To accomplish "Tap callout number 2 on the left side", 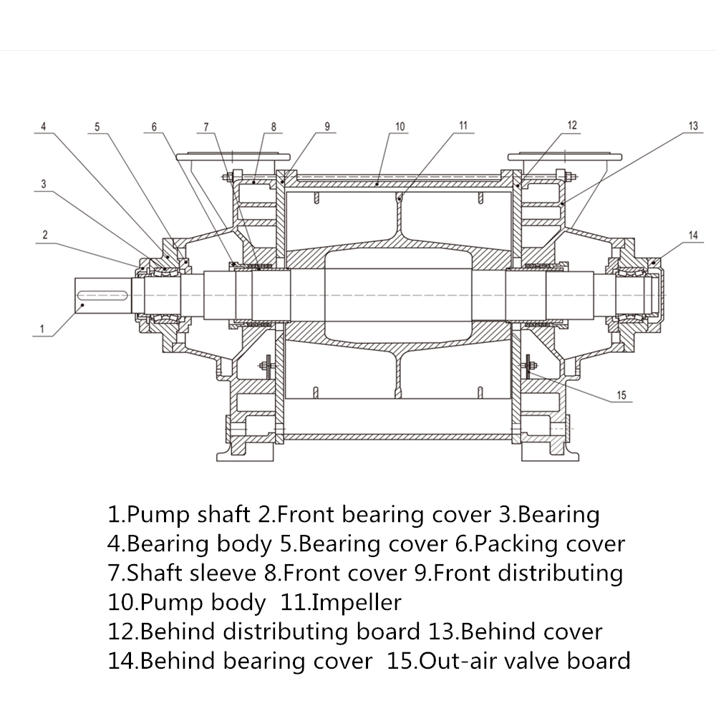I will tap(44, 234).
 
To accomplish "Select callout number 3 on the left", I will tap(44, 184).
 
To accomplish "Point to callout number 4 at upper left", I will tap(44, 127).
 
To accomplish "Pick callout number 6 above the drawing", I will tap(153, 127).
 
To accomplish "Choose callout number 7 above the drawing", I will tap(206, 127).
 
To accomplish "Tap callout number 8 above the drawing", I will tap(273, 127).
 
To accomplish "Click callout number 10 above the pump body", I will tap(400, 127).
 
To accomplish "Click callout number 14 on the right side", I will tap(692, 235).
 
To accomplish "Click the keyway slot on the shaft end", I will tap(102, 294).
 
